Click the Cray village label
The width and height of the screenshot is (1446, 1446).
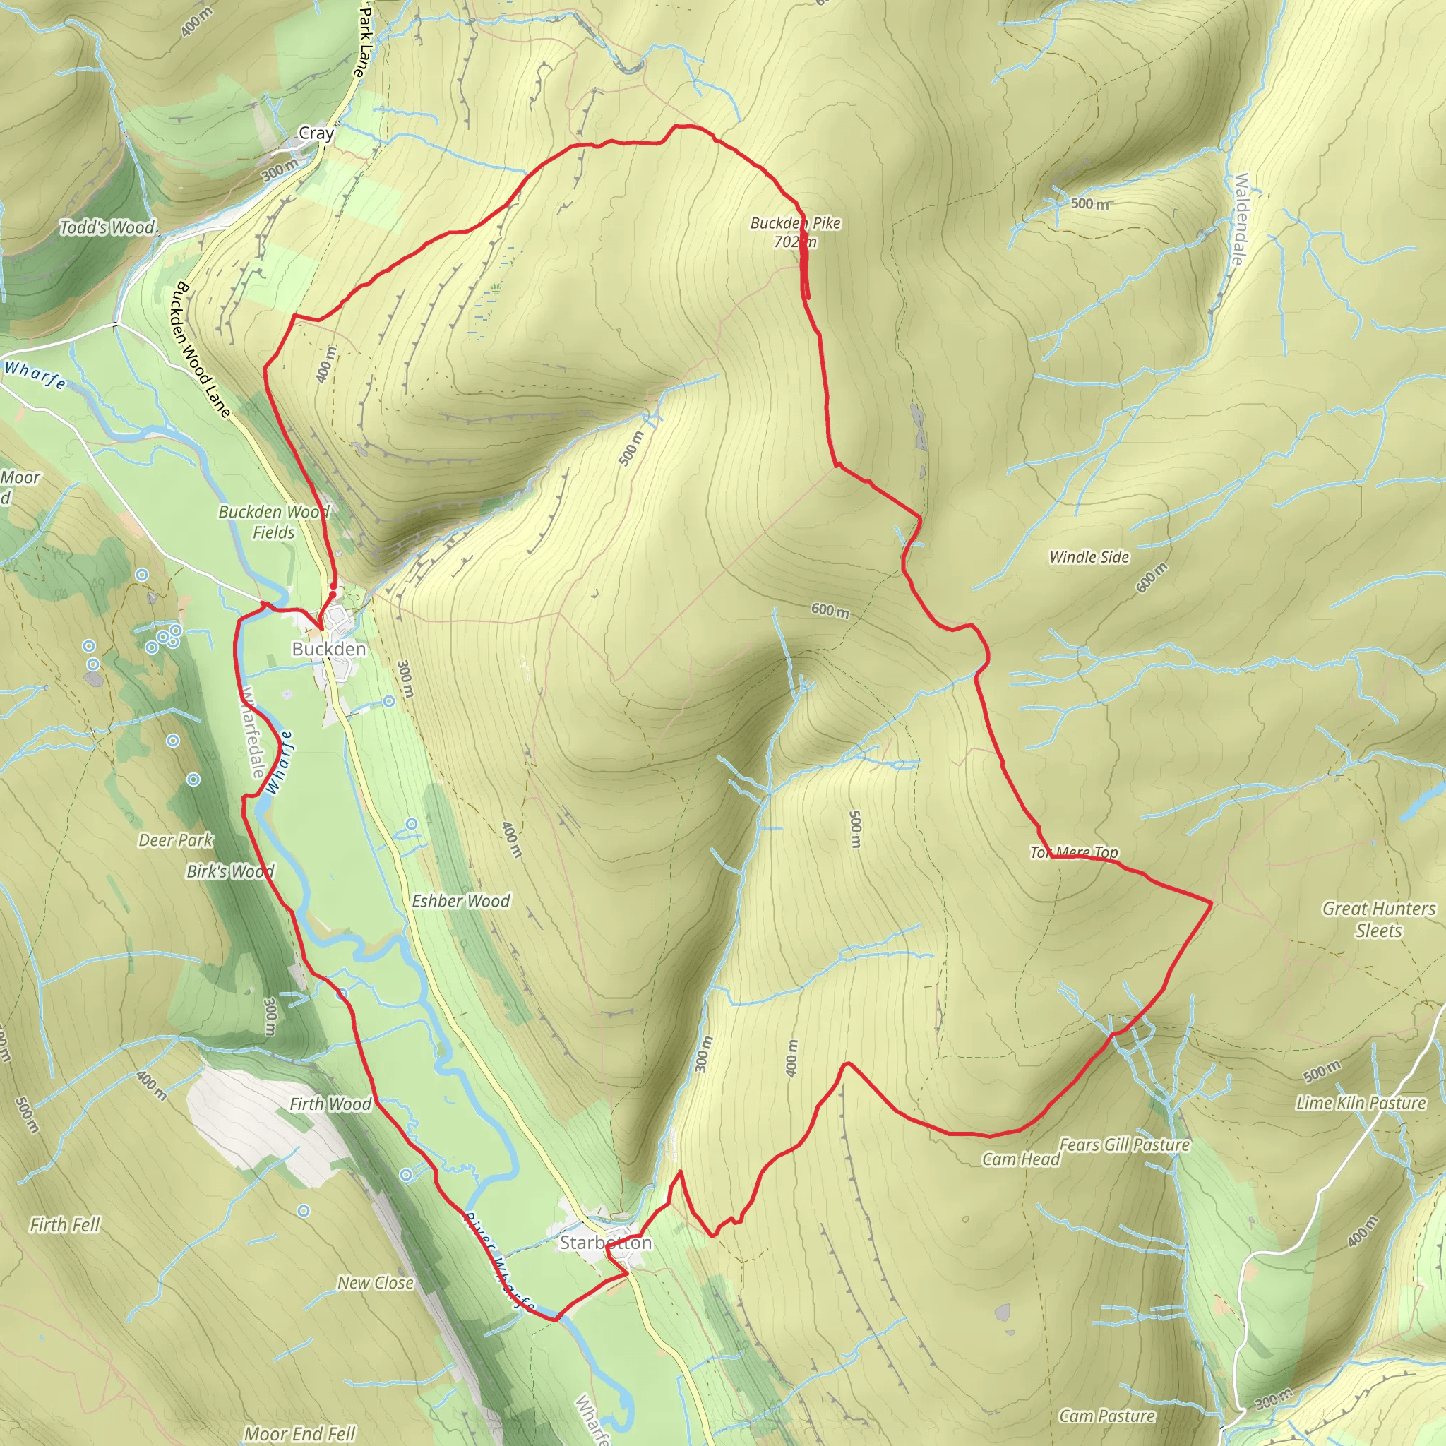click(316, 133)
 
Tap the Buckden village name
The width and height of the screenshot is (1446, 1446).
click(329, 649)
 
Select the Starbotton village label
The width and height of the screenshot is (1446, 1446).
click(606, 1243)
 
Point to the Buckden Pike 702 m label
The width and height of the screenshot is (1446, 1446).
click(796, 232)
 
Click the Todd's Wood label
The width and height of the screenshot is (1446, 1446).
click(108, 227)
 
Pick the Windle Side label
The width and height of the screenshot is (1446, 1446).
click(1089, 557)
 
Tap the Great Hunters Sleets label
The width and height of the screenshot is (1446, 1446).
click(1379, 919)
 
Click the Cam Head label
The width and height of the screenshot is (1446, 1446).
click(1021, 1159)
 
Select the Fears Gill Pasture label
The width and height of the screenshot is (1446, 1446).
click(1124, 1145)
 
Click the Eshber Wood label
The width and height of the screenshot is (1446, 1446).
click(461, 901)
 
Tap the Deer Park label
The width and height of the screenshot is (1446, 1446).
click(176, 839)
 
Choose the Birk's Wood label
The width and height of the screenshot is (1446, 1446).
click(230, 871)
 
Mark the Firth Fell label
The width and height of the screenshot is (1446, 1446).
click(64, 1224)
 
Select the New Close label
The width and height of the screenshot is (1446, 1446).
click(376, 1282)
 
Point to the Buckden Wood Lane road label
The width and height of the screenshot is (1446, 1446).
click(202, 349)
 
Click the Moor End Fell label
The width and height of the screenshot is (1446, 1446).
click(299, 1434)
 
